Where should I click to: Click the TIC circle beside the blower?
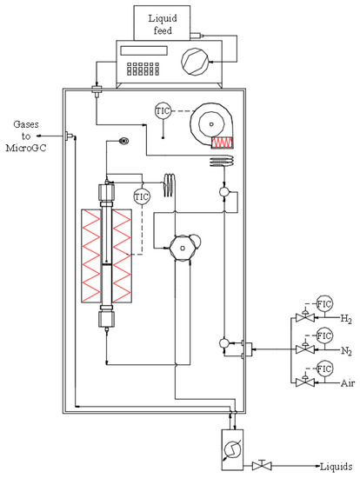pos(162,111)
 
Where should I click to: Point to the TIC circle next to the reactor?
pos(142,196)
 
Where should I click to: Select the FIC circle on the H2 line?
pos(325,305)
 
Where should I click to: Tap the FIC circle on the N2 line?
pos(325,335)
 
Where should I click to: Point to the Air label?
pos(324,382)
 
